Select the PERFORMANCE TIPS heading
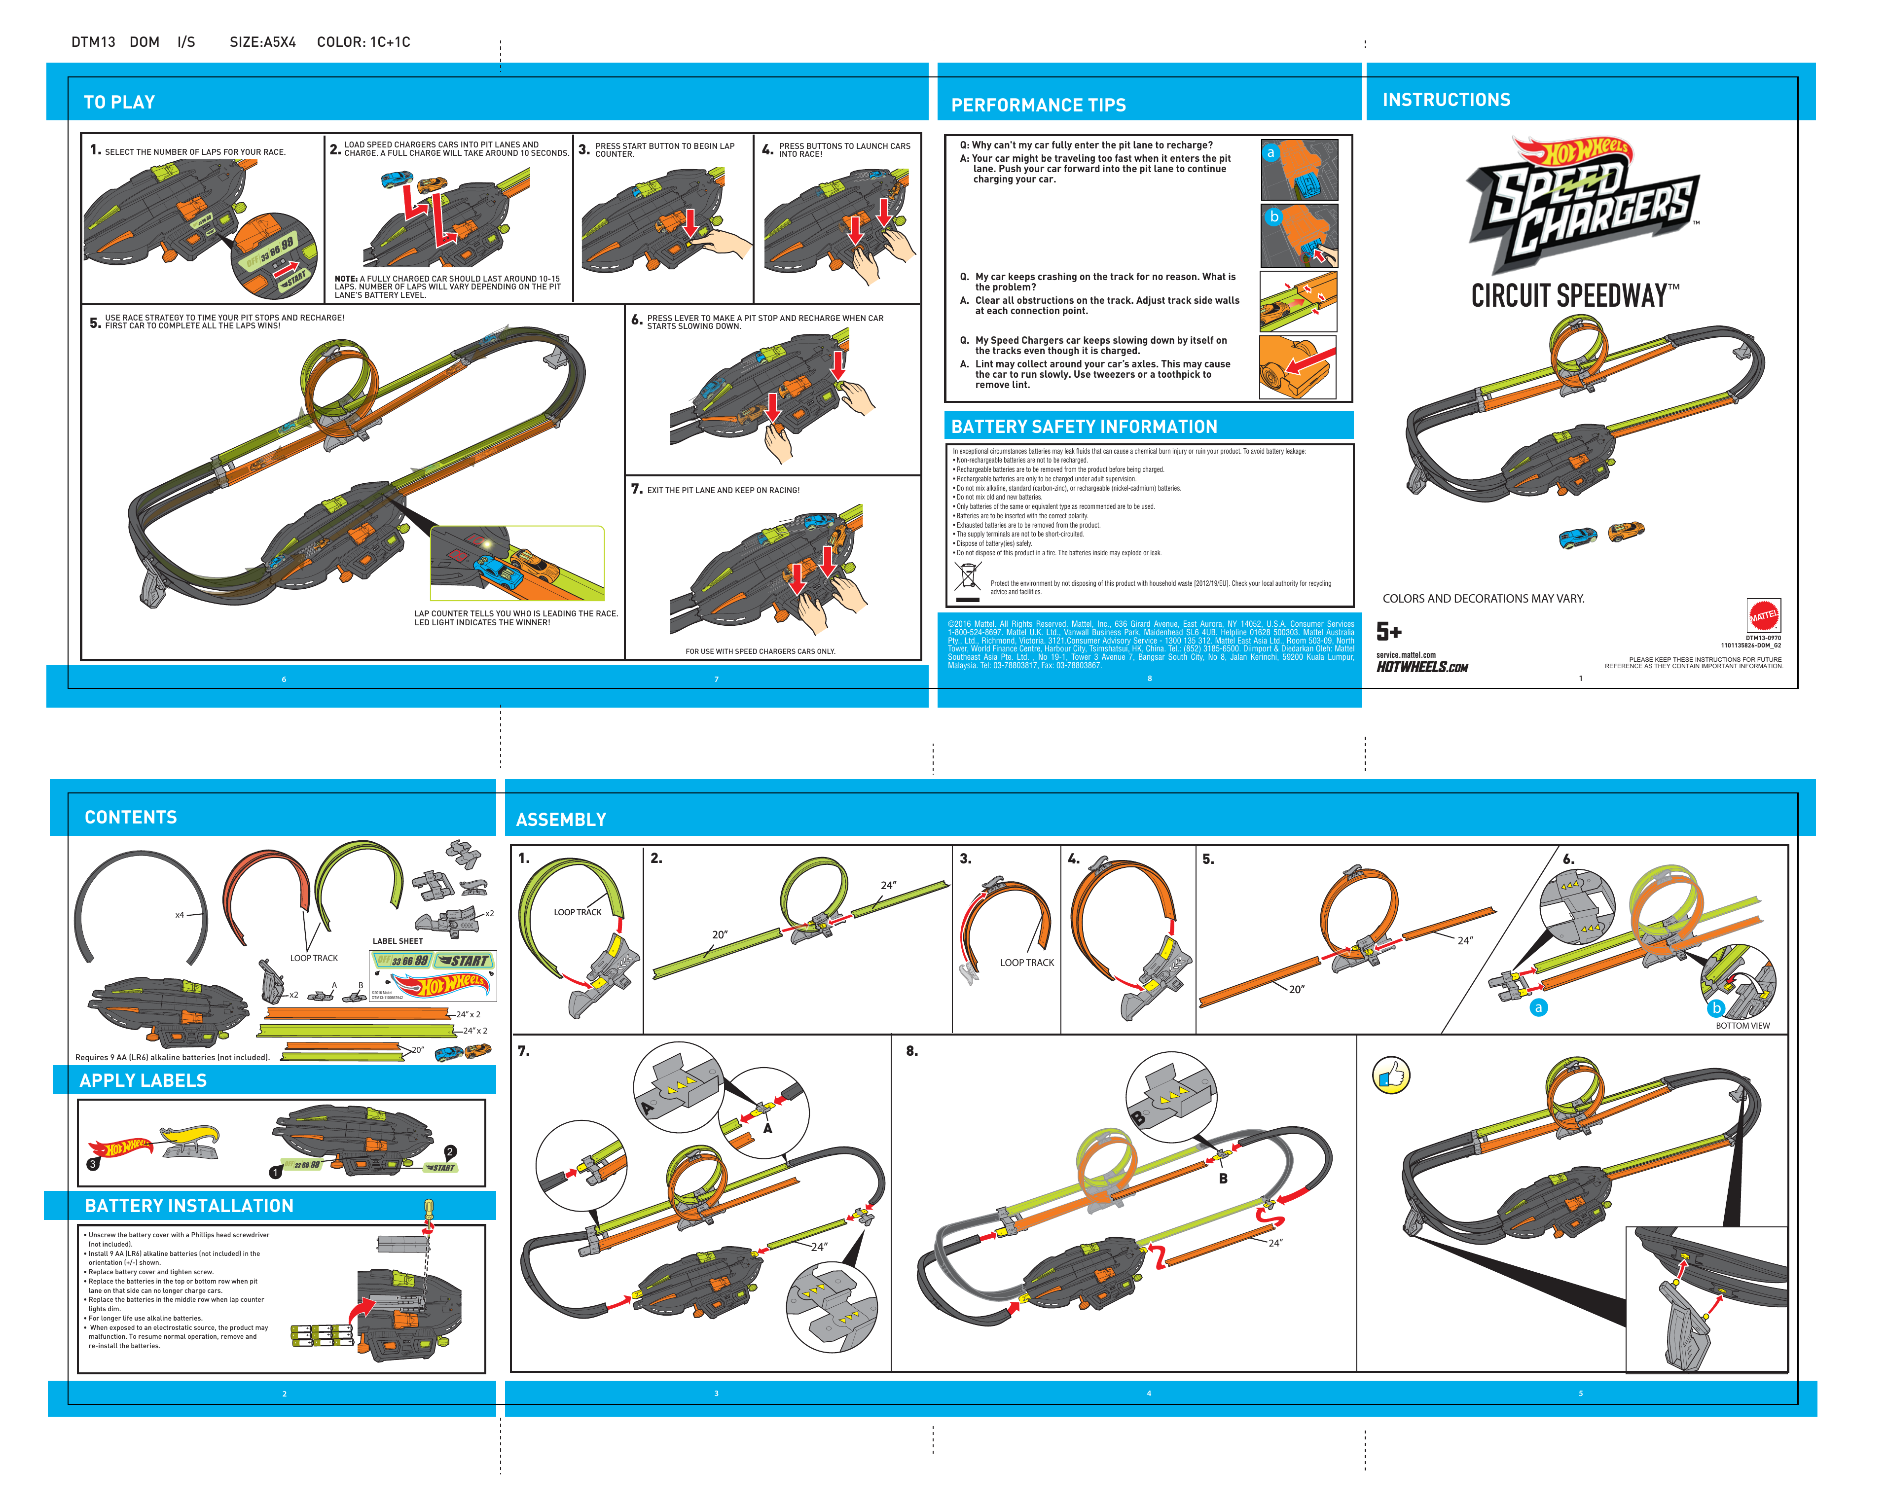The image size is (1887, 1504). pos(1038,105)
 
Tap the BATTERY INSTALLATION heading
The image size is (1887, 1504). pos(189,1206)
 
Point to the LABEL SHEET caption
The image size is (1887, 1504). pos(398,941)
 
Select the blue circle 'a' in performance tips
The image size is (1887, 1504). pos(1271,153)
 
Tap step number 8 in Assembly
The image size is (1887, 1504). pos(912,1051)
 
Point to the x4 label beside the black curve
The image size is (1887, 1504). pos(180,915)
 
